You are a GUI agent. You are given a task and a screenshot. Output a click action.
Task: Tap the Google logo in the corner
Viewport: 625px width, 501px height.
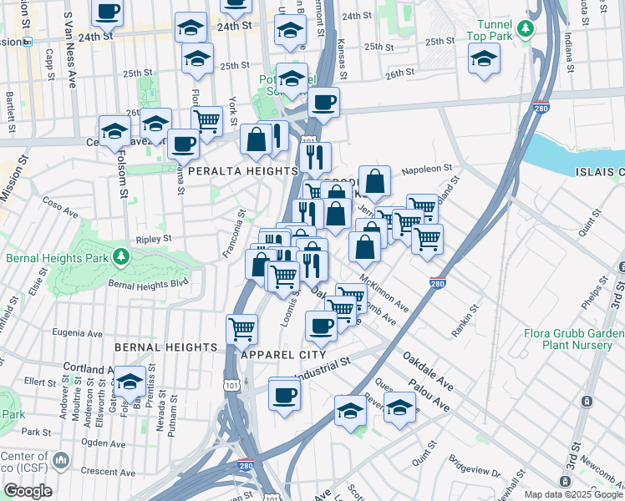pyautogui.click(x=28, y=491)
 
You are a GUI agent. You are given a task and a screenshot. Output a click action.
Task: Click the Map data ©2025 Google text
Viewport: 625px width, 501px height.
pyautogui.click(x=572, y=493)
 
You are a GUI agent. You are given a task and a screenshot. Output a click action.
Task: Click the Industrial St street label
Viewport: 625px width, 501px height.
pyautogui.click(x=321, y=368)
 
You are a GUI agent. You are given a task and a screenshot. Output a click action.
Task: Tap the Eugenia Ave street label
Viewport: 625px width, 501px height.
pyautogui.click(x=77, y=332)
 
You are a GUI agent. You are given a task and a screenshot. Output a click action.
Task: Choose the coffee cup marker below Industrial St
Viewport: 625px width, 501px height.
pyautogui.click(x=284, y=393)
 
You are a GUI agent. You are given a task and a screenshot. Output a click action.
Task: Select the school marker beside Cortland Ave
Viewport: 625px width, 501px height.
pyautogui.click(x=130, y=382)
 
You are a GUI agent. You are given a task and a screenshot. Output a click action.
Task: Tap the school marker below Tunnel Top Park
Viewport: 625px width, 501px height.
pyautogui.click(x=485, y=60)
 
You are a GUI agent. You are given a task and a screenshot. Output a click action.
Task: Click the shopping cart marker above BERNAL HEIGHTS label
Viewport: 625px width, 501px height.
pyautogui.click(x=241, y=328)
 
